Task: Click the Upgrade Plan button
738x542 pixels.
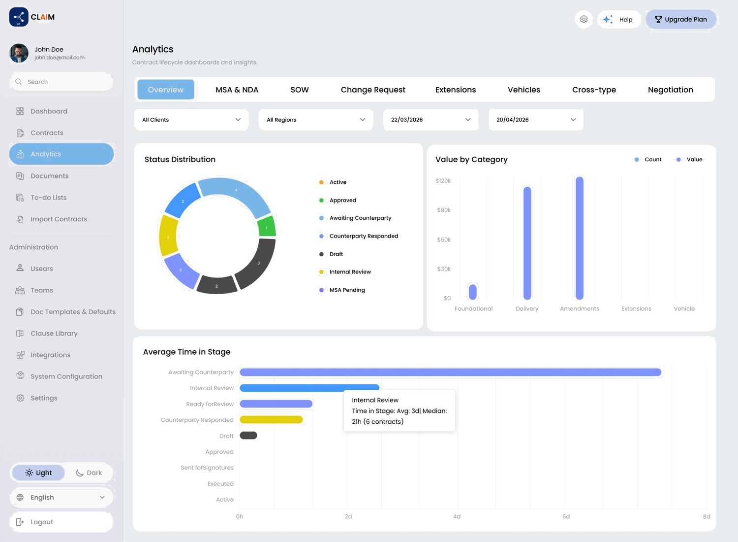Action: point(680,20)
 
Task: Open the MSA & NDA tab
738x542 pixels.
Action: point(237,90)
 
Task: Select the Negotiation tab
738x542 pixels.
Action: point(670,90)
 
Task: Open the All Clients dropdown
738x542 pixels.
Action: point(191,120)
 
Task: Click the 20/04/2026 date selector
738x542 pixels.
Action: point(536,120)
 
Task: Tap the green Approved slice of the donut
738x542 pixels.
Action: point(267,227)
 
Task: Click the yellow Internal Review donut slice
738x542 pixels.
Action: point(168,236)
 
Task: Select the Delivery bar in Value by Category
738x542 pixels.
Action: point(527,243)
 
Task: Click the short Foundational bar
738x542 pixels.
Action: point(473,292)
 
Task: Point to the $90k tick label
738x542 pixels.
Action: point(444,210)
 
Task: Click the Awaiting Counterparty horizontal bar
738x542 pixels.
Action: point(450,373)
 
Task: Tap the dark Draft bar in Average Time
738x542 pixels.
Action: point(248,436)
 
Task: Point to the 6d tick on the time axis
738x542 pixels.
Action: point(566,516)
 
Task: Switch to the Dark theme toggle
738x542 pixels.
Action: point(89,473)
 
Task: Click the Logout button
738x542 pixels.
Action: point(61,522)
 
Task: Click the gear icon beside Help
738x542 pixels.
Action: point(584,20)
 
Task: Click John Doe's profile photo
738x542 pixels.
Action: point(19,53)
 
